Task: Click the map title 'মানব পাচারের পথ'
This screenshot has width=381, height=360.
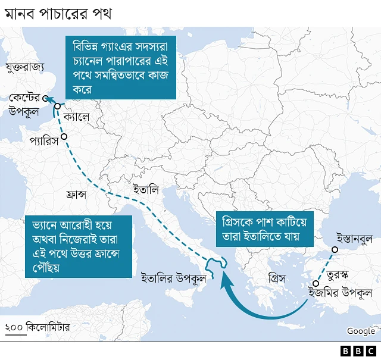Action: click(x=58, y=12)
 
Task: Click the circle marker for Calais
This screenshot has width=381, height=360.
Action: click(x=58, y=107)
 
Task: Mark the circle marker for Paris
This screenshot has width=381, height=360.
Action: click(x=64, y=137)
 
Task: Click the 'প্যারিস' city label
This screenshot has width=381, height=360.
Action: click(x=43, y=142)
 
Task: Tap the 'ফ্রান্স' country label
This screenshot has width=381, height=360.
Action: click(x=77, y=195)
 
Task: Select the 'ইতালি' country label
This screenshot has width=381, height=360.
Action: click(x=146, y=190)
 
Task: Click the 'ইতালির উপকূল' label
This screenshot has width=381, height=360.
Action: click(x=173, y=277)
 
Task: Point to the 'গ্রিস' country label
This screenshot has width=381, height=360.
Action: click(x=277, y=278)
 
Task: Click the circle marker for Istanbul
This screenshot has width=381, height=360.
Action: click(x=335, y=250)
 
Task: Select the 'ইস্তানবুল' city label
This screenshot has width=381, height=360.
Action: click(x=354, y=239)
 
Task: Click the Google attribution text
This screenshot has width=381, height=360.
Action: click(x=361, y=331)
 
